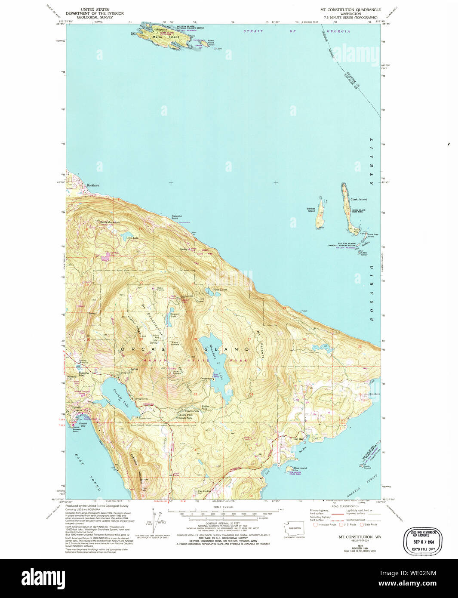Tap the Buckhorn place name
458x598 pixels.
coord(92,185)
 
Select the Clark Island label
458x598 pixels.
coord(359,200)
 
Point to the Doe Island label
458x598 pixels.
coord(300,468)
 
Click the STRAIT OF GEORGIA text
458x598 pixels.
coord(297,31)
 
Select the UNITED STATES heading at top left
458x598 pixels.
coord(95,9)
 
